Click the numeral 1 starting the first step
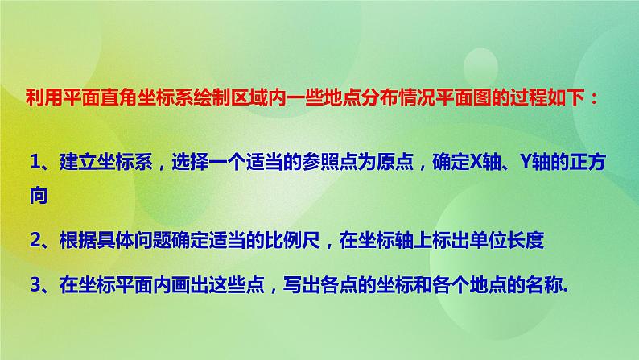(33, 163)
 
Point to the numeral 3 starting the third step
(33, 283)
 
